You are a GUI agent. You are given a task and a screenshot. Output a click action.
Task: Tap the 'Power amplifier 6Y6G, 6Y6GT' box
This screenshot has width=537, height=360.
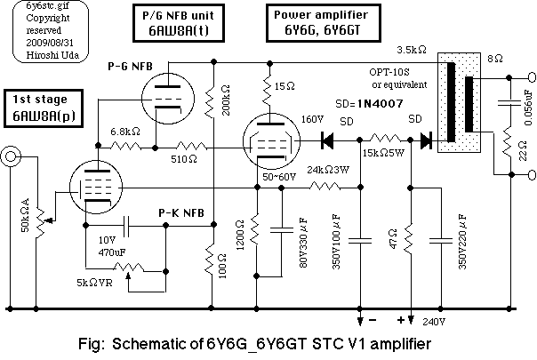tap(319, 21)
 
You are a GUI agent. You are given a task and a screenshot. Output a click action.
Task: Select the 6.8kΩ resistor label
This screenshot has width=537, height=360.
tap(124, 131)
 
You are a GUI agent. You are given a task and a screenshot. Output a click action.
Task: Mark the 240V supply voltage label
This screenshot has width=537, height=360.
tap(433, 323)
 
